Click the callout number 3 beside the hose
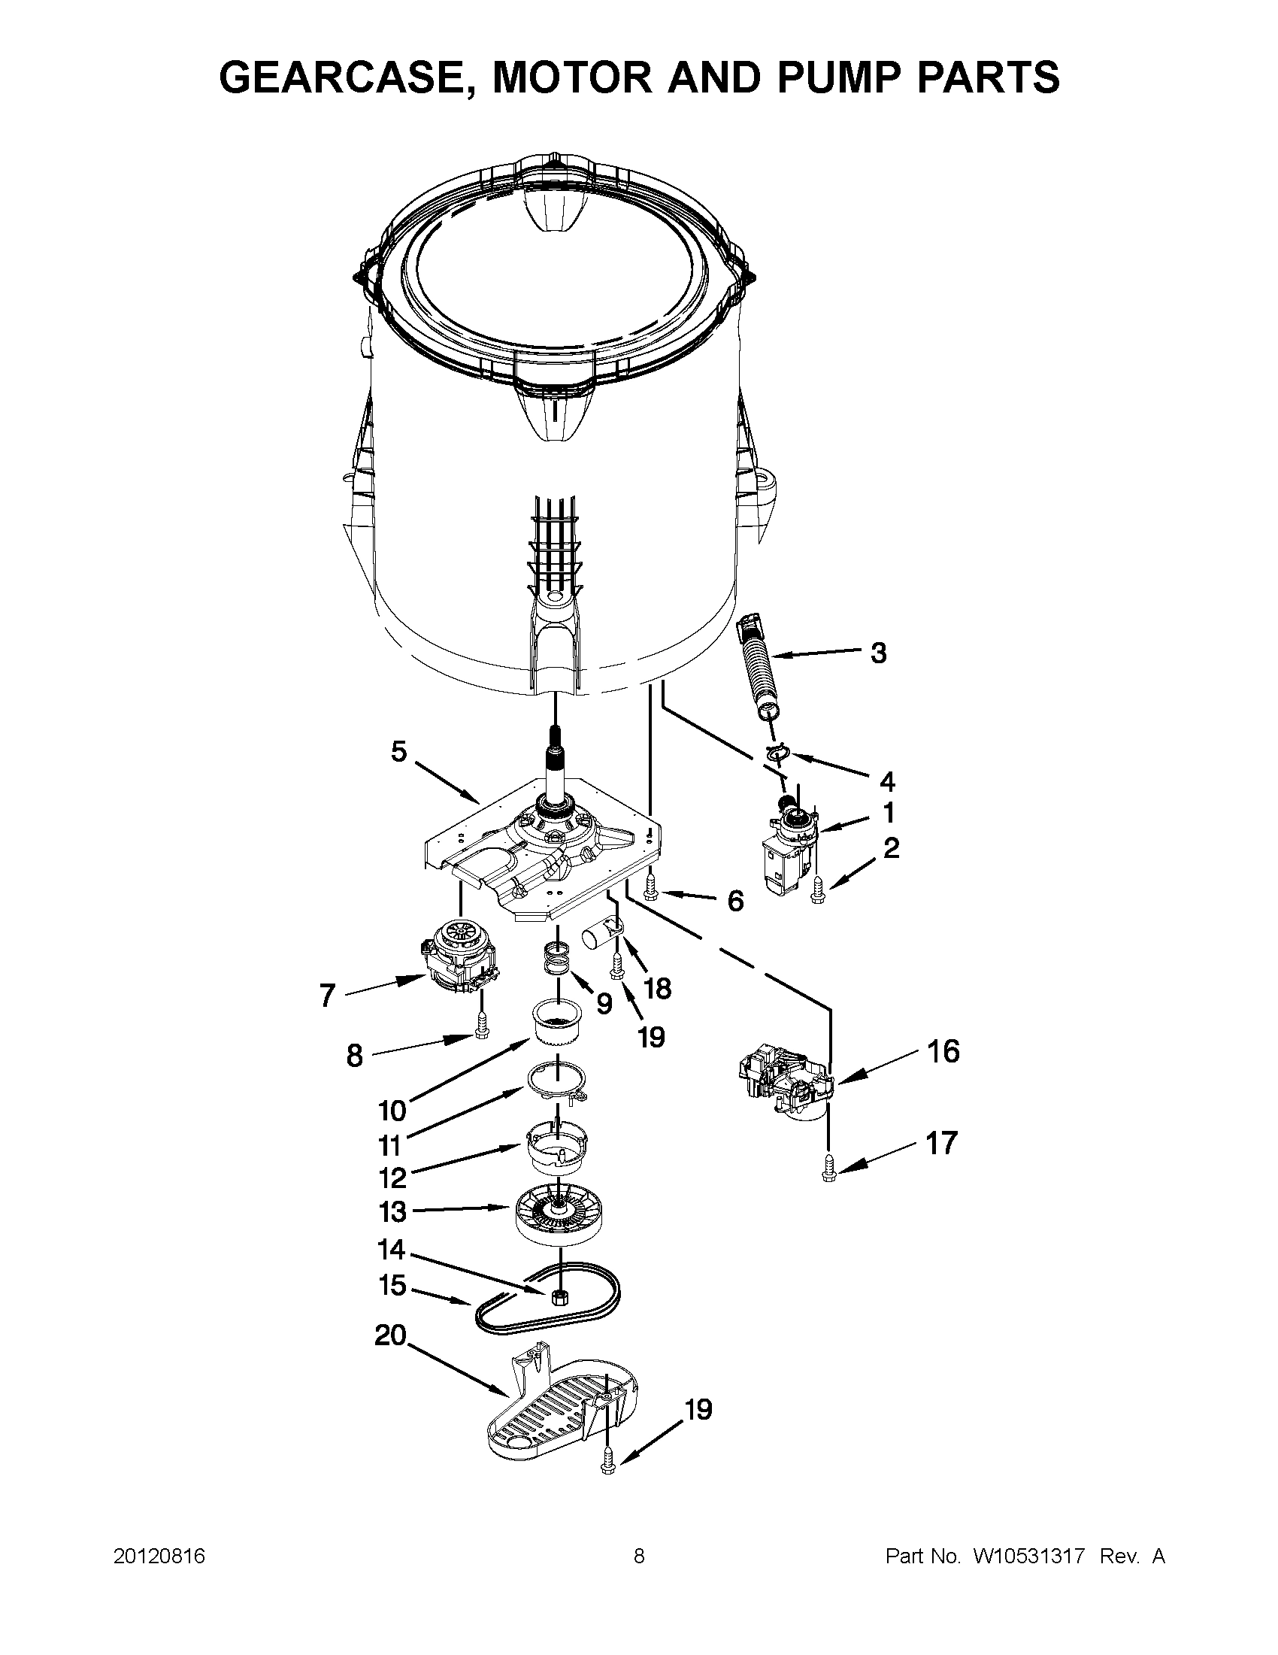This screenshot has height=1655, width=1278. [878, 653]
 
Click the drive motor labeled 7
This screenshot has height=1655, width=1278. [456, 961]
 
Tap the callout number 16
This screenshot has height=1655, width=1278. [943, 1052]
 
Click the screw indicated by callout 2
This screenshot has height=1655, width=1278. [816, 891]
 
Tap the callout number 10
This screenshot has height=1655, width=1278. [392, 1111]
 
